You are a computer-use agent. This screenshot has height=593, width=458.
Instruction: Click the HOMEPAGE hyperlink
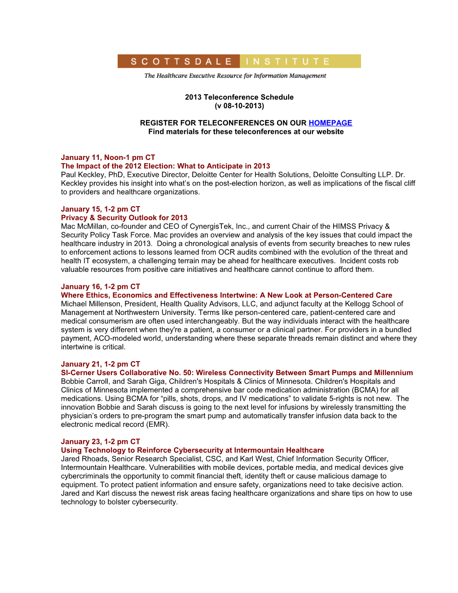330,123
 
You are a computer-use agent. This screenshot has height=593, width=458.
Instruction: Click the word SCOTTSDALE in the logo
181,62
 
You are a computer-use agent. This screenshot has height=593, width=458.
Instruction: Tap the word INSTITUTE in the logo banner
288,62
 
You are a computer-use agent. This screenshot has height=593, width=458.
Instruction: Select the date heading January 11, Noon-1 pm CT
108,158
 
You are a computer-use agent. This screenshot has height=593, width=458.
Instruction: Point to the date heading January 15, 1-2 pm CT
101,209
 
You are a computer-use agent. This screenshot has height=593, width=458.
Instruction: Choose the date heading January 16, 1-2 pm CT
101,287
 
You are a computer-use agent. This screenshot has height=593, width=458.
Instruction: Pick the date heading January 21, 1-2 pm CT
101,364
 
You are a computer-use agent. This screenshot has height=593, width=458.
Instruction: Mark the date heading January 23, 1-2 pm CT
101,442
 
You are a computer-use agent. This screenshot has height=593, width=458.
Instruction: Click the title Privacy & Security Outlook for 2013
124,218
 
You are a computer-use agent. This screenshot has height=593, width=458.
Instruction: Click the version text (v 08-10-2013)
239,106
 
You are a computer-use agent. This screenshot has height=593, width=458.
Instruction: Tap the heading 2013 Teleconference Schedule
239,97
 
